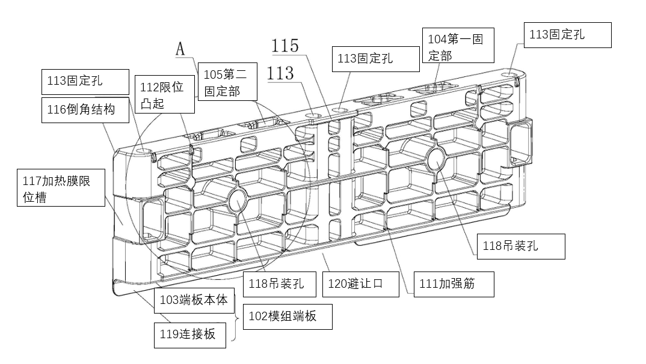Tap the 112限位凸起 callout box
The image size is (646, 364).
164,94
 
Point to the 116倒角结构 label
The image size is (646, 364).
85,110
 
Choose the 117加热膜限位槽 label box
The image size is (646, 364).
61,188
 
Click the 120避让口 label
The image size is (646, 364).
360,284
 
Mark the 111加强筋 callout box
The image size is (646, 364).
454,284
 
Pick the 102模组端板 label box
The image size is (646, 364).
287,316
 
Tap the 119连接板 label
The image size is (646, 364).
191,335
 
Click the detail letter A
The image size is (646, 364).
180,49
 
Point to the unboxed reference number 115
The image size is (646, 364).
285,46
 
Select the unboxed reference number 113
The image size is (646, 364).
280,73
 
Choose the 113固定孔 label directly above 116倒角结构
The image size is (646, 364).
85,82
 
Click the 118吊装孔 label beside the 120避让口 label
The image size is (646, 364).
281,284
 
